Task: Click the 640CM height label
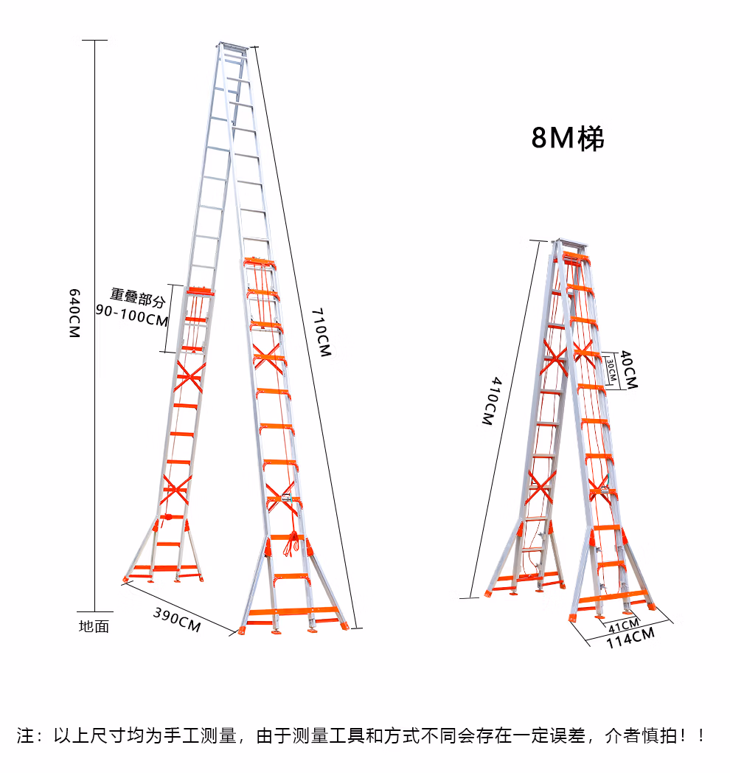(73, 313)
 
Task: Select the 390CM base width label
(177, 618)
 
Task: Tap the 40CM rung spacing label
(628, 369)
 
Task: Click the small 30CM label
(611, 369)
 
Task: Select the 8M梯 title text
(567, 138)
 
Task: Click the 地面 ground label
(94, 627)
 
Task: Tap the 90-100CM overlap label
(133, 320)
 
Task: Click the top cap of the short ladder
(571, 244)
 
